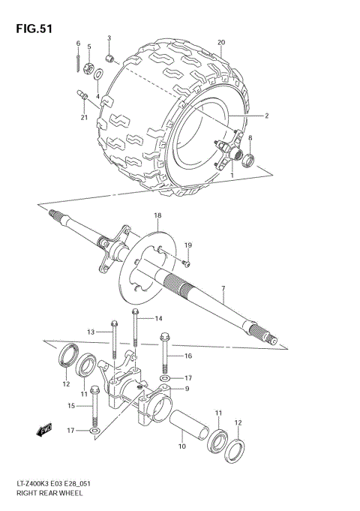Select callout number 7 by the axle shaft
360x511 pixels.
(x=223, y=288)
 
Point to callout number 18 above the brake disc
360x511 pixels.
(x=157, y=216)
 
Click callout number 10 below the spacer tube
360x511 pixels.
(x=181, y=446)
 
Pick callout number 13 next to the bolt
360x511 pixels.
(x=90, y=331)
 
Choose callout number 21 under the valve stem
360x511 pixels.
(x=84, y=117)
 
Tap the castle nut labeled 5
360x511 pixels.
(x=88, y=70)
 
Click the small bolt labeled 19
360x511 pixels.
(x=186, y=262)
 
